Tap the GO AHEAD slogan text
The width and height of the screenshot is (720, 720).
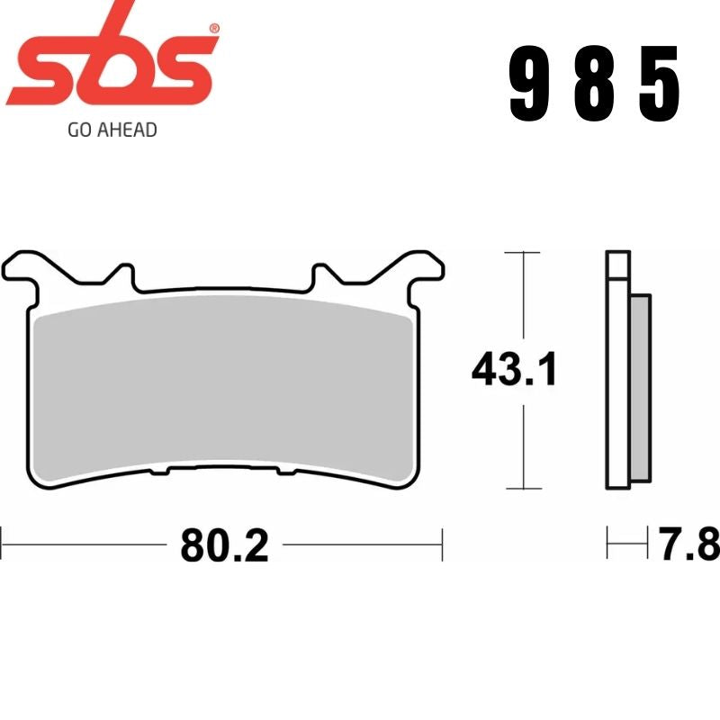point(112,130)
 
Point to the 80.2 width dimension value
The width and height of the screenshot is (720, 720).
point(224,544)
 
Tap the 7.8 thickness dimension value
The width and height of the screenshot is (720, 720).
point(688,544)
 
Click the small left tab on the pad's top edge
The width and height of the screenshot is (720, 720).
point(123,274)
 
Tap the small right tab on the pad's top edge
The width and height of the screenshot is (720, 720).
point(324,274)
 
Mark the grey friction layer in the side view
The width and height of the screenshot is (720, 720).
point(640,387)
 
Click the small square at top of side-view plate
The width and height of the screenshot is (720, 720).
point(617,265)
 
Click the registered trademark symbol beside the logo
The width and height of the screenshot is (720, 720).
point(213,29)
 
